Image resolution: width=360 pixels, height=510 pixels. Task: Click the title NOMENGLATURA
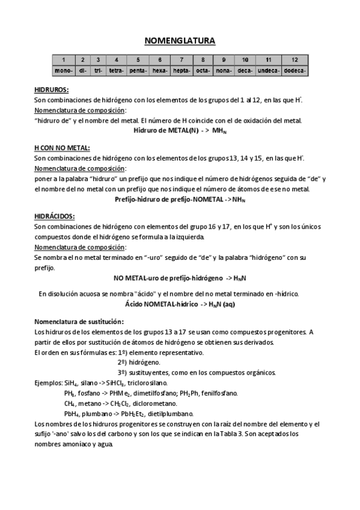pos(180,41)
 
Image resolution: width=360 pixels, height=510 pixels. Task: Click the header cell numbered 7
pos(182,60)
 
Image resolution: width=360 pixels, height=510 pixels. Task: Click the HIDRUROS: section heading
pos(52,90)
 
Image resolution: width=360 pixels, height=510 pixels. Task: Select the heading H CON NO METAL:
pos(63,147)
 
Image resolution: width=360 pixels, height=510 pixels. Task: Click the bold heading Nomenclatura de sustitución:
pos(79,321)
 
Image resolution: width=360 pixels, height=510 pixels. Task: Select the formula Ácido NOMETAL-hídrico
pos(180,305)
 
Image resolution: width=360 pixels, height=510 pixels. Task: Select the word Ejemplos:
pos(47,382)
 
